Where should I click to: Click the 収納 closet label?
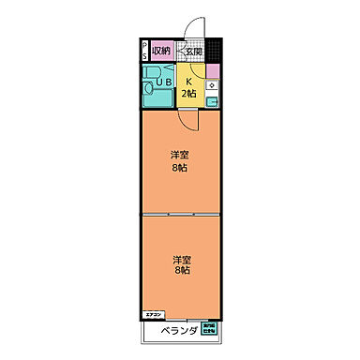(160, 51)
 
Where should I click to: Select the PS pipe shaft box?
(143, 51)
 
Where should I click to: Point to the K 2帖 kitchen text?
(189, 87)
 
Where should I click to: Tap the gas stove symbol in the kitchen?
(213, 87)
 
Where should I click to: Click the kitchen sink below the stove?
(213, 101)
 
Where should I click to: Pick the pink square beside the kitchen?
(213, 71)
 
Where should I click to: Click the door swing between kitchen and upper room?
(190, 119)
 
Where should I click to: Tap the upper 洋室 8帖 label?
(179, 161)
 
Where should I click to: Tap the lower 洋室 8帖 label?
(179, 265)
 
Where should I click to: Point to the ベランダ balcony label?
(176, 332)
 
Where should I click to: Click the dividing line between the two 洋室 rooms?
(180, 215)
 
